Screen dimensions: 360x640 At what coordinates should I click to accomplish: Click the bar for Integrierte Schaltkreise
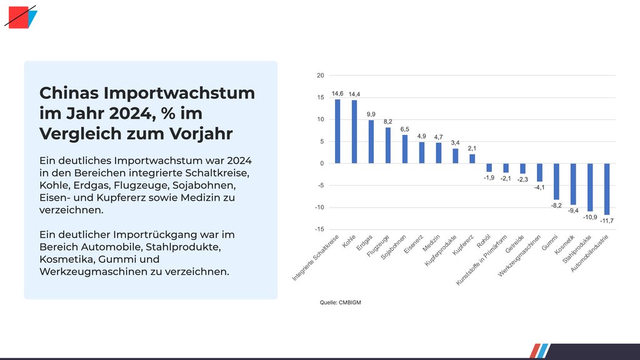pyautogui.click(x=337, y=131)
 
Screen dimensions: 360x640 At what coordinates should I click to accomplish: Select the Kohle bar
pyautogui.click(x=354, y=132)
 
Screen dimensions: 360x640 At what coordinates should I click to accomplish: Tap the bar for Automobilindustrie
pyautogui.click(x=607, y=189)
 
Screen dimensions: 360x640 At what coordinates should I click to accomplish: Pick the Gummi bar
pyautogui.click(x=556, y=181)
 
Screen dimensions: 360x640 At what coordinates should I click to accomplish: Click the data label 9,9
pyautogui.click(x=371, y=114)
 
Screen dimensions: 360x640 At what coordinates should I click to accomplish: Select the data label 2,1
pyautogui.click(x=472, y=148)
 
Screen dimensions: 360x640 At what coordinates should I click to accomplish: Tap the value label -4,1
pyautogui.click(x=539, y=187)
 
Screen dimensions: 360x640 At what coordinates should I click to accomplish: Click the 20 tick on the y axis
pyautogui.click(x=321, y=76)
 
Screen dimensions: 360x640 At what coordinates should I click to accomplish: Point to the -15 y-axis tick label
pyautogui.click(x=319, y=229)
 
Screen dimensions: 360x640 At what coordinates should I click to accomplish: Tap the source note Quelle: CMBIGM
pyautogui.click(x=340, y=302)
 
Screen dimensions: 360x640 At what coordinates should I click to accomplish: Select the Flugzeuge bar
pyautogui.click(x=388, y=145)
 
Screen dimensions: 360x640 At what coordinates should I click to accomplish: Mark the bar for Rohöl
pyautogui.click(x=489, y=167)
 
